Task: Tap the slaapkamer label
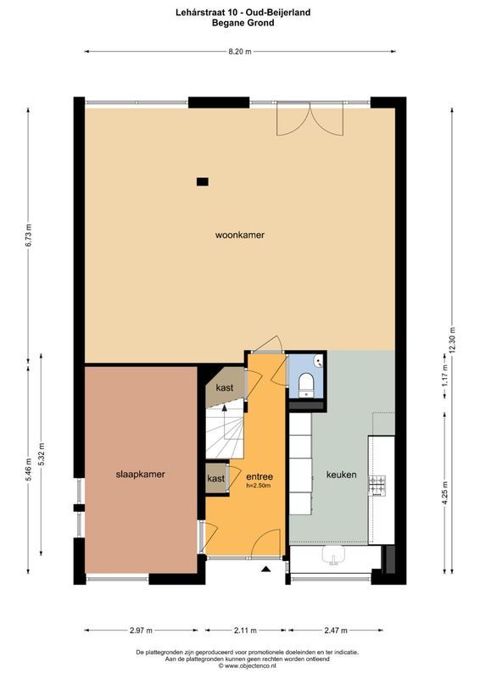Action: (x=140, y=475)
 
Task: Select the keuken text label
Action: (x=341, y=475)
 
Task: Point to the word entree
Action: (x=259, y=475)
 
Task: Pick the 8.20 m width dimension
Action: (x=240, y=52)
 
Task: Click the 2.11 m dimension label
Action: (x=245, y=631)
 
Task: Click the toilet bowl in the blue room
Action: (x=305, y=385)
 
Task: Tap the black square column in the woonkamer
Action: (x=202, y=181)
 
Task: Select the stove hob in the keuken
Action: (x=377, y=485)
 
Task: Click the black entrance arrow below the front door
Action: (x=267, y=570)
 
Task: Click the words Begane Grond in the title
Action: (x=240, y=24)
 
